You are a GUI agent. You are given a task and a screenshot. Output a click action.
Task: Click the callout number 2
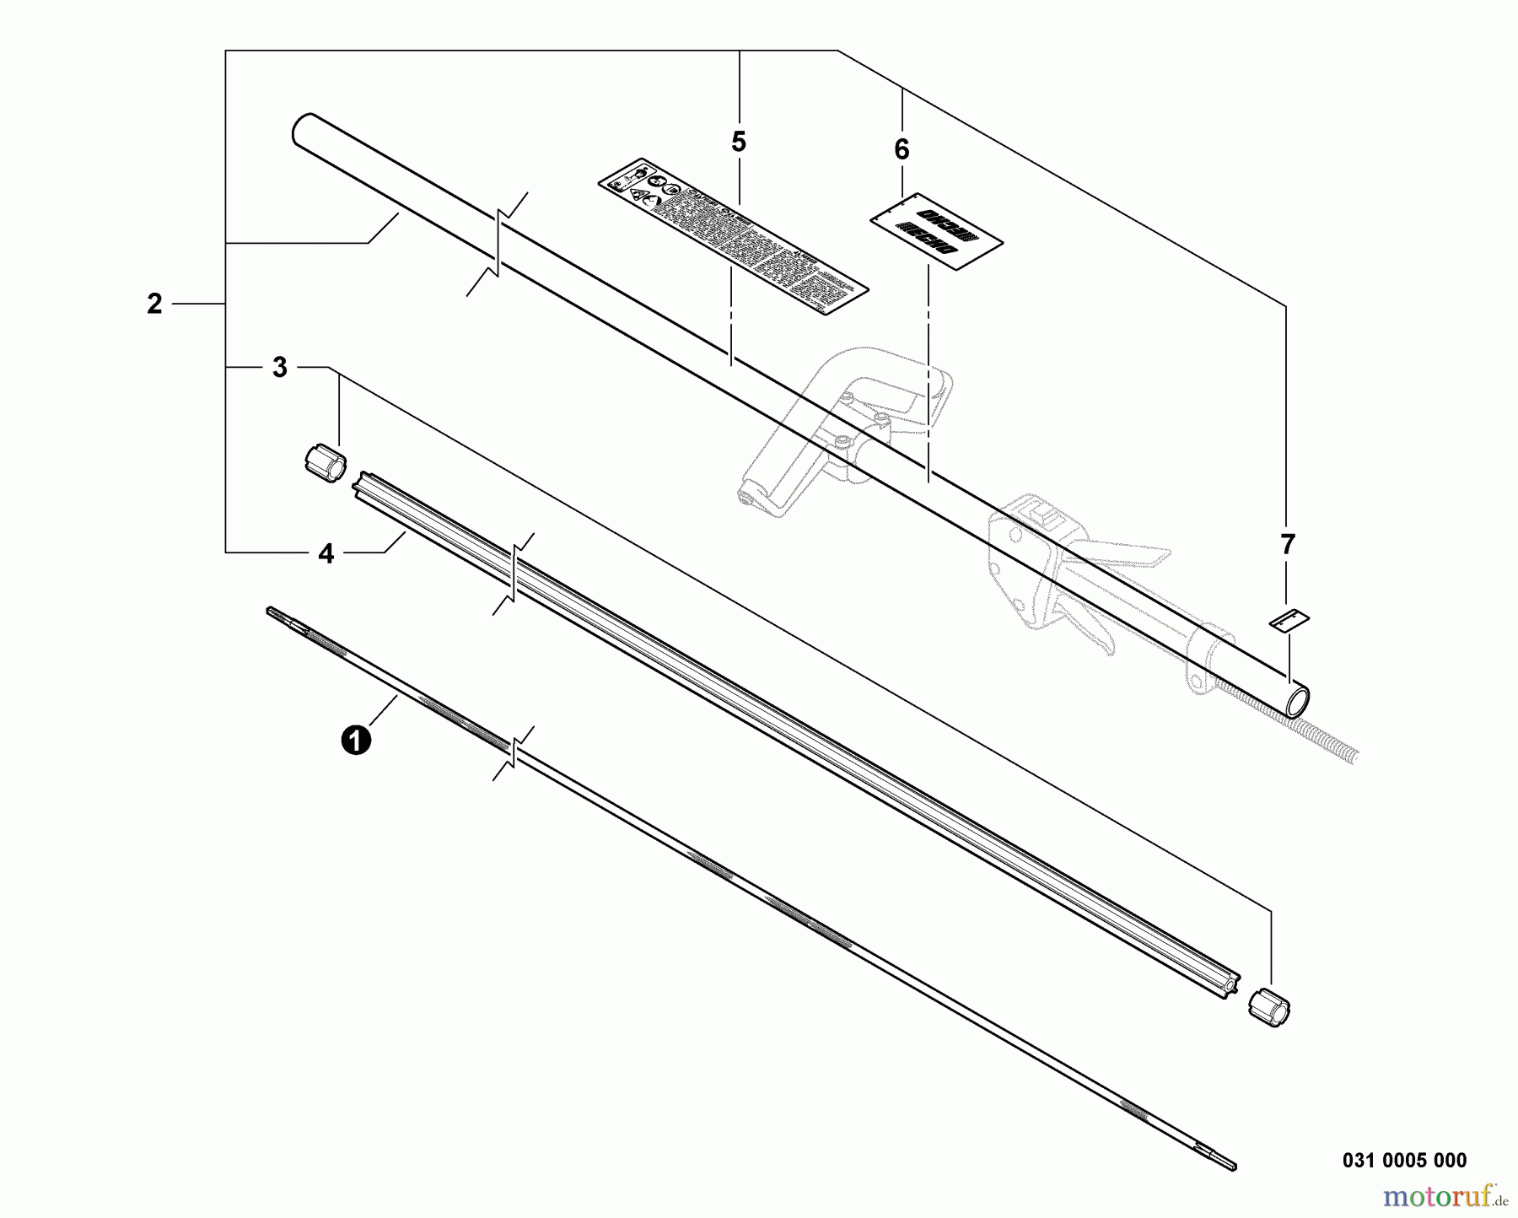154,304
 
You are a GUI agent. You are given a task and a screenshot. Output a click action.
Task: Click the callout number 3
280,368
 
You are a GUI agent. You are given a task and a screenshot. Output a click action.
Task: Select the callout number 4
326,554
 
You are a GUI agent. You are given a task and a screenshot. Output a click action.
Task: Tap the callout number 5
739,143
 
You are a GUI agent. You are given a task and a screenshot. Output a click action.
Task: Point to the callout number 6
902,150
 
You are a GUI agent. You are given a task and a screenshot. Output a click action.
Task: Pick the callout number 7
1287,545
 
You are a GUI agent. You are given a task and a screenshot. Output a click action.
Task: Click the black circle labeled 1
356,741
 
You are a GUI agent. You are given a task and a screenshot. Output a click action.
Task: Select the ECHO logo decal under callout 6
936,233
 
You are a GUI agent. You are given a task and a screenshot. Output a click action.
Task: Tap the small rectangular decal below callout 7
1290,620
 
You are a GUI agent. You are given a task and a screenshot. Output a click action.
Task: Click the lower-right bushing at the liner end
1268,1009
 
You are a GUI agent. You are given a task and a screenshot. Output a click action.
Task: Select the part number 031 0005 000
1404,1161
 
